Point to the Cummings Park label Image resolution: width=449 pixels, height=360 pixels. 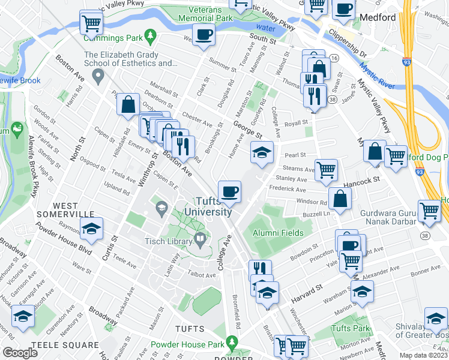click(113, 38)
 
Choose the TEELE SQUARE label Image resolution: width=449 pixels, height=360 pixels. click(65, 345)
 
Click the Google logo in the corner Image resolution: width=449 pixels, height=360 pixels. click(20, 352)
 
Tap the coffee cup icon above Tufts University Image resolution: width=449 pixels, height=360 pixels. click(229, 192)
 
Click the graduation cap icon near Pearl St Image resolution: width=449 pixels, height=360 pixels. click(262, 154)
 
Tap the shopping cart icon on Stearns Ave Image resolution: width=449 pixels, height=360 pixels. click(326, 170)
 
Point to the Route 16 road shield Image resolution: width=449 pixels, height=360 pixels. click(334, 58)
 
